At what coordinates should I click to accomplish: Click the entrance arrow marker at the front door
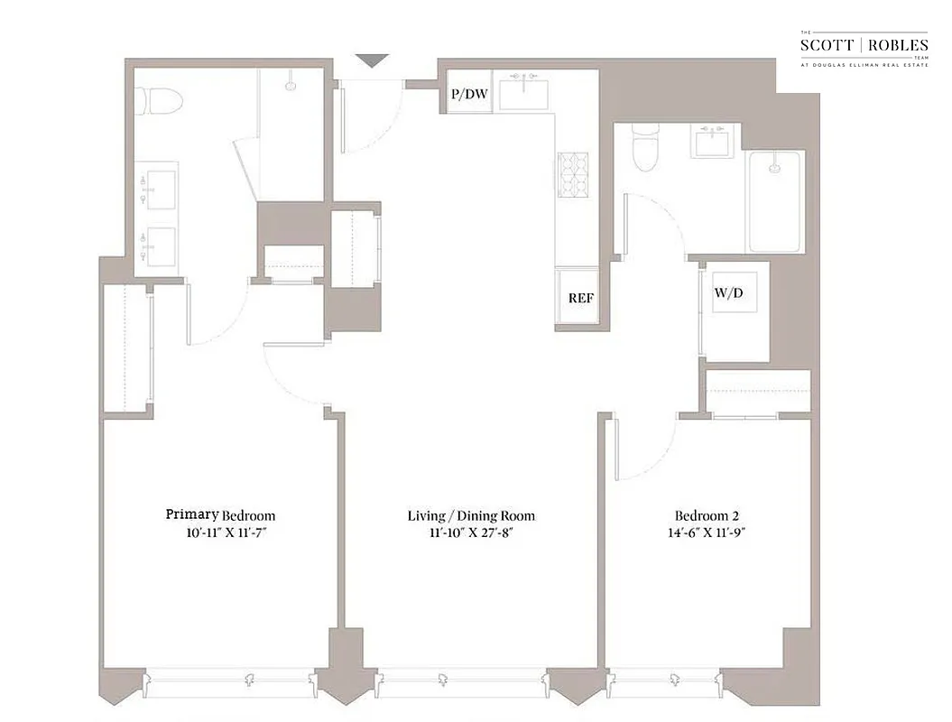pos(371,60)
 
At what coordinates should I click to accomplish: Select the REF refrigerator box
pos(580,298)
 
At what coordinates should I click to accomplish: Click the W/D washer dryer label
pos(735,294)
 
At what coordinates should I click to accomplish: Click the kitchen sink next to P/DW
pos(524,92)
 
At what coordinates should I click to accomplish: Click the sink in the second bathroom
pos(716,141)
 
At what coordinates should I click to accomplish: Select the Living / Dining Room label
pos(471,516)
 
